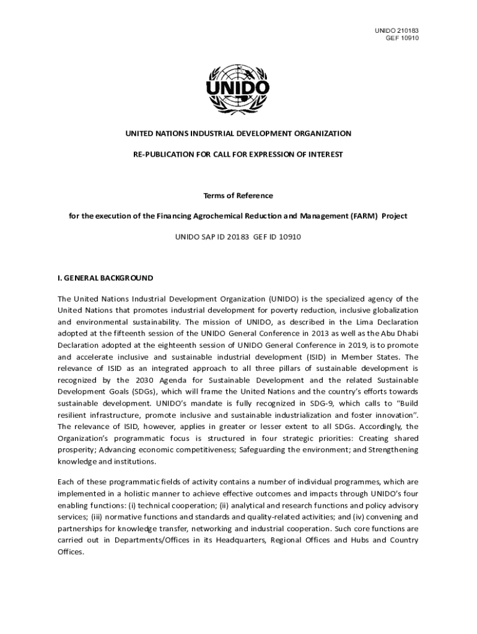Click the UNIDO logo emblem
[x=238, y=90]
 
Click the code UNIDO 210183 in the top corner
[x=397, y=30]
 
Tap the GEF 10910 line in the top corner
[x=402, y=38]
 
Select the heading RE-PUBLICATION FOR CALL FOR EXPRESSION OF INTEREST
[x=238, y=154]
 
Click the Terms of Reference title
[x=238, y=196]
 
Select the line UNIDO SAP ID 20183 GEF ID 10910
[x=238, y=237]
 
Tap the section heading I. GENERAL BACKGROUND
[x=105, y=278]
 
